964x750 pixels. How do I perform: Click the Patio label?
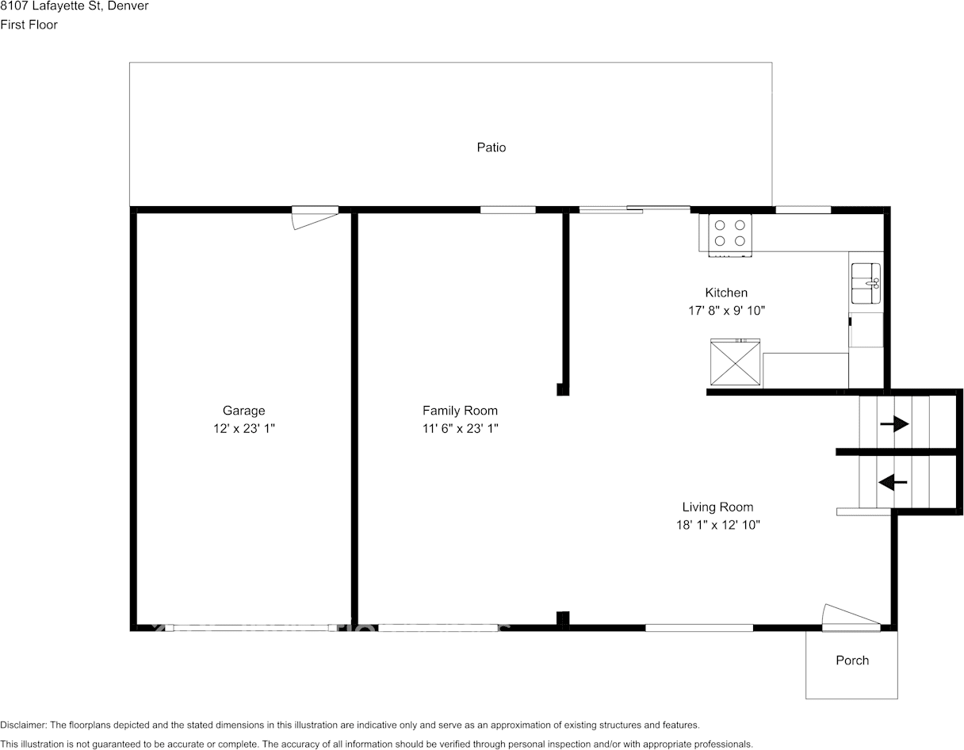[x=491, y=147]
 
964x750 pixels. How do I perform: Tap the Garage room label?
[x=243, y=411]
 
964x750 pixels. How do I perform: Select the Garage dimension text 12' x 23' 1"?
[x=243, y=428]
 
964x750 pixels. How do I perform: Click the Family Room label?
[x=460, y=411]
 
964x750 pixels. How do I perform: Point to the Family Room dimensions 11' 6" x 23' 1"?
[x=460, y=428]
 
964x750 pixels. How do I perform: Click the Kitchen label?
[x=726, y=293]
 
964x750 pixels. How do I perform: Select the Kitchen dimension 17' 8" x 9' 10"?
[x=726, y=311]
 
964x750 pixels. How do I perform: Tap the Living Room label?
[x=717, y=507]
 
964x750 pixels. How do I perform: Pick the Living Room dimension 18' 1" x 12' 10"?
[x=717, y=525]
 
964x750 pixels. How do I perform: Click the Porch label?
[x=852, y=660]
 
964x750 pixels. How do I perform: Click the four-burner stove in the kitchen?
[x=730, y=234]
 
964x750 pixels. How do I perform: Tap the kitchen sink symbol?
[x=866, y=284]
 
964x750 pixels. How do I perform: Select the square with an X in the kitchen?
[x=735, y=363]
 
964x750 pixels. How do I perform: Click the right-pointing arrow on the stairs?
[x=894, y=425]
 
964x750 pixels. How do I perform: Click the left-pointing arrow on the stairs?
[x=893, y=481]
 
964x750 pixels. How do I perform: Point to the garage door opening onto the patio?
[x=315, y=216]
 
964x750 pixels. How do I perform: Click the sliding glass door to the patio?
[x=634, y=209]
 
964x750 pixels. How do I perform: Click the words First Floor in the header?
[x=29, y=25]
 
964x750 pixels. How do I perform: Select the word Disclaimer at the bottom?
[x=23, y=725]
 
